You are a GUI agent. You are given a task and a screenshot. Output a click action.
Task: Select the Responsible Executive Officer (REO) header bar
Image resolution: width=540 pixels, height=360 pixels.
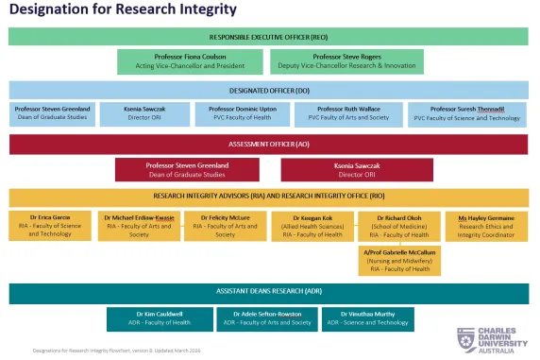[269, 37]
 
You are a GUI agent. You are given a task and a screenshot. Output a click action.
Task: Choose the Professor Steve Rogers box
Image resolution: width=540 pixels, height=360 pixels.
[344, 61]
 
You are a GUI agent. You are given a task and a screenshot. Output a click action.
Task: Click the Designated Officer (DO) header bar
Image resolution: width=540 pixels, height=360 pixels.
[269, 90]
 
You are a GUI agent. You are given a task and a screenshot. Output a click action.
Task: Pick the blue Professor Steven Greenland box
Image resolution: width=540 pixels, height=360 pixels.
[52, 113]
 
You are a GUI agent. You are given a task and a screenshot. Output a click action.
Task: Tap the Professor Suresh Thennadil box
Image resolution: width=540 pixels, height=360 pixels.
[469, 113]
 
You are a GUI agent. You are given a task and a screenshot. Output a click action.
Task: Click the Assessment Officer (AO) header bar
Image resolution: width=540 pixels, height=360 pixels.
[269, 144]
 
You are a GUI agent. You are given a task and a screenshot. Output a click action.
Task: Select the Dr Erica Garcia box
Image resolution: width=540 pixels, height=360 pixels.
[51, 226]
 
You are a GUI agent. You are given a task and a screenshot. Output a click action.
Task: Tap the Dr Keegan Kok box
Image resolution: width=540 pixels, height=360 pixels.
[311, 226]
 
